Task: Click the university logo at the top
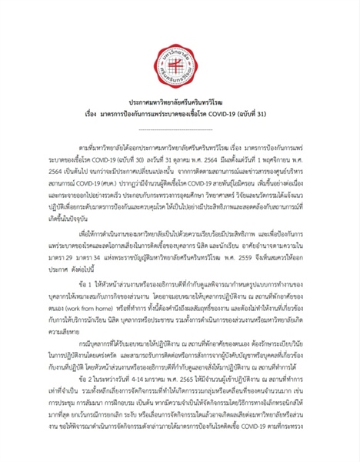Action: [179, 47]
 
